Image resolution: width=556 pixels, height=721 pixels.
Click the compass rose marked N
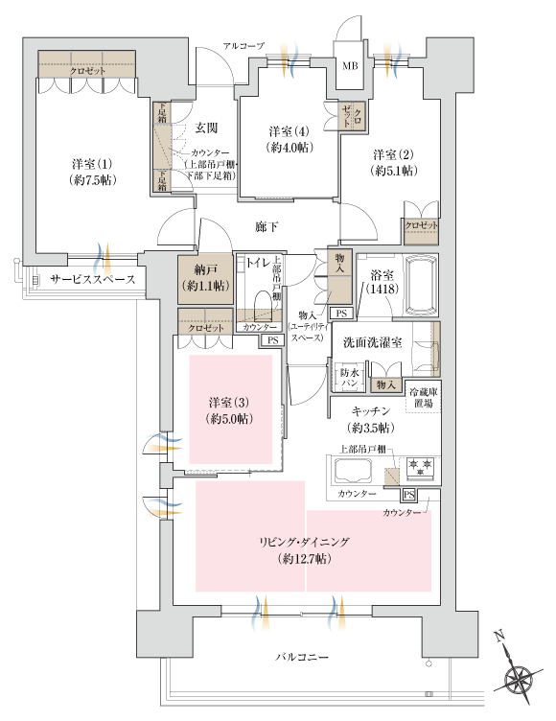pyautogui.click(x=518, y=678)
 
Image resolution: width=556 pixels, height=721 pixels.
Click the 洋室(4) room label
pyautogui.click(x=287, y=139)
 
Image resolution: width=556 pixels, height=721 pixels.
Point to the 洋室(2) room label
pyautogui.click(x=394, y=162)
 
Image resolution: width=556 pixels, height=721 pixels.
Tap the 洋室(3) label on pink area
pyautogui.click(x=231, y=410)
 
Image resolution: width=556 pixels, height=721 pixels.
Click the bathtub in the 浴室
pyautogui.click(x=418, y=285)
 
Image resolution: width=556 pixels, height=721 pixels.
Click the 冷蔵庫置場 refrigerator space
pyautogui.click(x=421, y=398)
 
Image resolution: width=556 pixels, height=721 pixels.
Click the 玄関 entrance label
pyautogui.click(x=206, y=128)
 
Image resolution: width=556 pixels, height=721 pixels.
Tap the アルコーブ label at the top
pyautogui.click(x=243, y=46)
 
